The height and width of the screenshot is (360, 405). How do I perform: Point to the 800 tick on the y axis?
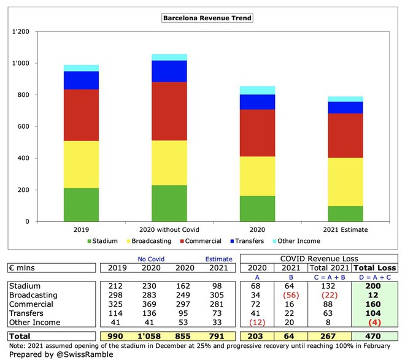pos(25,95)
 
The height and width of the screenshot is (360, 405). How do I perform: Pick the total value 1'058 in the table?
pos(143,337)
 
